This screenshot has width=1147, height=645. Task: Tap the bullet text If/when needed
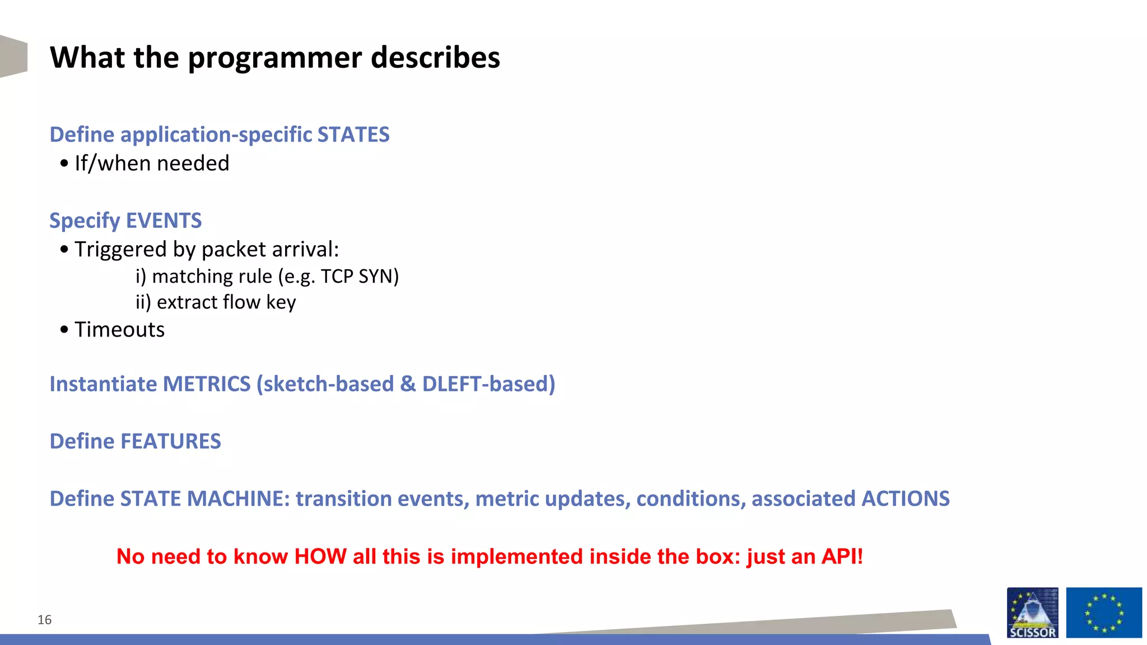click(152, 163)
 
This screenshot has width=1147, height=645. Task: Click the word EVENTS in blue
click(164, 221)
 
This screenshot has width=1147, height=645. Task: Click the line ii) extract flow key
click(216, 302)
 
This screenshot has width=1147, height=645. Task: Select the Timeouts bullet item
click(119, 330)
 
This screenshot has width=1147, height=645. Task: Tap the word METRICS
click(206, 384)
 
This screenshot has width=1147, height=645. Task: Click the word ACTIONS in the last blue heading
click(905, 499)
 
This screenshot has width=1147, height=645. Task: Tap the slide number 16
click(44, 620)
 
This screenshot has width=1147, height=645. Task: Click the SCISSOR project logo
click(1032, 613)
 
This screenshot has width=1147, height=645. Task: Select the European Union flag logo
click(1103, 613)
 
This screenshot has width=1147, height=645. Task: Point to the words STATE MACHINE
click(204, 499)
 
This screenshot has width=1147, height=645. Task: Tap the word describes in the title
click(435, 58)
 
